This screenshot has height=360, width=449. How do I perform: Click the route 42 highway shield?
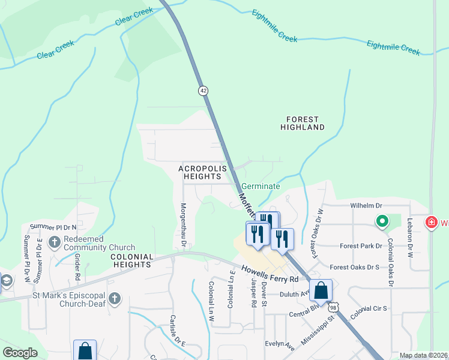pos(203,90)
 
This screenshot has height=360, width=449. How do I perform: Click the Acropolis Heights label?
pos(203,173)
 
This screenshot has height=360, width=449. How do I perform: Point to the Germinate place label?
pos(261,186)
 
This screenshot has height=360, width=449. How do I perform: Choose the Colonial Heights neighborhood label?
pos(131,260)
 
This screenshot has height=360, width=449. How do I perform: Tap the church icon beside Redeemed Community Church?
pos(55,242)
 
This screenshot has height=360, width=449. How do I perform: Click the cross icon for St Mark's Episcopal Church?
pos(115,298)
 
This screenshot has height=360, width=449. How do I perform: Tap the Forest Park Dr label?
pos(360,245)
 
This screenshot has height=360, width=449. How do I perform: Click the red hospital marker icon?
pos(431,223)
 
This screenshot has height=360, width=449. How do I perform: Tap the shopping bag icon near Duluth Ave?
pos(321,290)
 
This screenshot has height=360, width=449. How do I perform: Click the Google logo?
pos(20,353)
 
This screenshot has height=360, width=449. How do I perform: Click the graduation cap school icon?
pos(5,281)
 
